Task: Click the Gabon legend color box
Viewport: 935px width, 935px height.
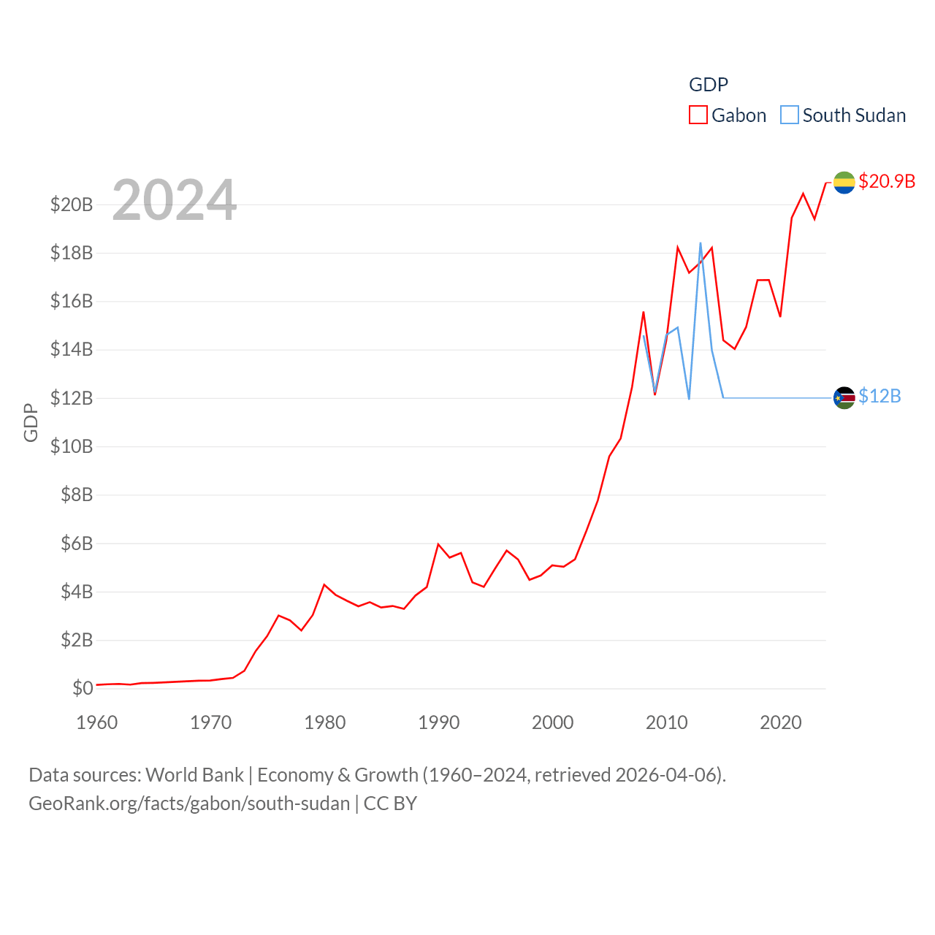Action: [698, 115]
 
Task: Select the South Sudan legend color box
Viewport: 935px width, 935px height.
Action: [790, 115]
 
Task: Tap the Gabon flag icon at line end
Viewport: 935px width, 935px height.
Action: [844, 183]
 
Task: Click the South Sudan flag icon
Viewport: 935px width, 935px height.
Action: [844, 398]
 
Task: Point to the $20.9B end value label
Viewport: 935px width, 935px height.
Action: [887, 181]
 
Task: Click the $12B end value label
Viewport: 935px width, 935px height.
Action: [879, 396]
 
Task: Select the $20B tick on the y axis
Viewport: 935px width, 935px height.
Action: [72, 205]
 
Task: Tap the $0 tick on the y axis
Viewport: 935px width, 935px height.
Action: [83, 688]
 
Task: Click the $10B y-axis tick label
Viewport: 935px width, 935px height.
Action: [72, 446]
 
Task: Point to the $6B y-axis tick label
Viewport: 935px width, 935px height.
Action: [77, 543]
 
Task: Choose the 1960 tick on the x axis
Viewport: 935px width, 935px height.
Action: [97, 722]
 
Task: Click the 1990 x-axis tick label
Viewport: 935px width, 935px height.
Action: [439, 722]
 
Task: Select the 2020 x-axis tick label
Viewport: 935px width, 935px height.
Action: [781, 722]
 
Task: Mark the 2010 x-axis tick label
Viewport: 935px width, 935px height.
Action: [667, 722]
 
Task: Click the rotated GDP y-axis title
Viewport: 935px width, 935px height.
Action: [31, 422]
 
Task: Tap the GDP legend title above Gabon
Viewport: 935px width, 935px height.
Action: [709, 85]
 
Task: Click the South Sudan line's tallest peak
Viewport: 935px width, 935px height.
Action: [701, 243]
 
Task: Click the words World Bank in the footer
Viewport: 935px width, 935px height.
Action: [194, 774]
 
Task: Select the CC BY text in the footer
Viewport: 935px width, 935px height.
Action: [390, 804]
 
